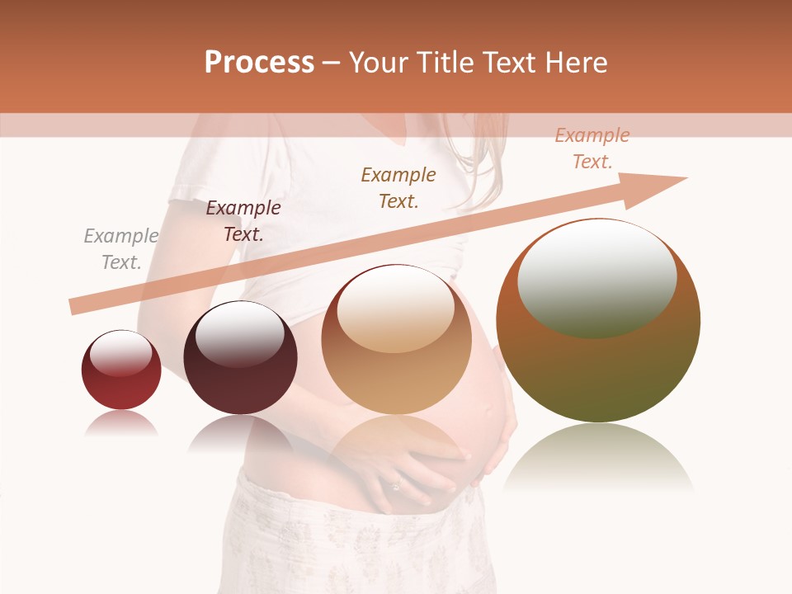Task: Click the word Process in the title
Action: click(x=259, y=63)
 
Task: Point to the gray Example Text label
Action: click(x=121, y=249)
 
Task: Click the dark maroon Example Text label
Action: click(x=243, y=221)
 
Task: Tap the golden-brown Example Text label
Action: click(x=398, y=187)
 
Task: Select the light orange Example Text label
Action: click(x=592, y=148)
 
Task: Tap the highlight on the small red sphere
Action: click(x=121, y=353)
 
